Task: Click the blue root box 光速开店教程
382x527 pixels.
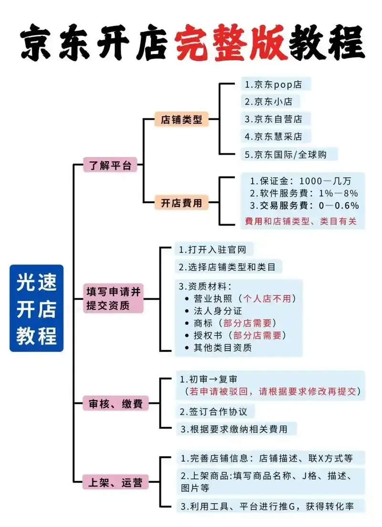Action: point(36,308)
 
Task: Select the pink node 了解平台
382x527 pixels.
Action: point(110,165)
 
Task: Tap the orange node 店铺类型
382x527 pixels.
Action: point(181,119)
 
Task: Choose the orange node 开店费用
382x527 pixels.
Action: point(181,203)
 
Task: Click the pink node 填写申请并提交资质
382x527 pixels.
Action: point(114,299)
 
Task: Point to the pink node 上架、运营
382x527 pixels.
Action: point(116,482)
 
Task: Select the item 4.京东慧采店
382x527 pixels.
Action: point(274,136)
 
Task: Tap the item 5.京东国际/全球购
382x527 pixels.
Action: point(289,154)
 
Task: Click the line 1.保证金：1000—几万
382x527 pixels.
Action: point(300,181)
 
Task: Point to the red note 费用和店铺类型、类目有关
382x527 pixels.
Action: point(300,222)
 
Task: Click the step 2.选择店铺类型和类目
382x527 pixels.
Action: point(227,267)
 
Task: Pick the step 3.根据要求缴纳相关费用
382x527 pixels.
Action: point(233,429)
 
